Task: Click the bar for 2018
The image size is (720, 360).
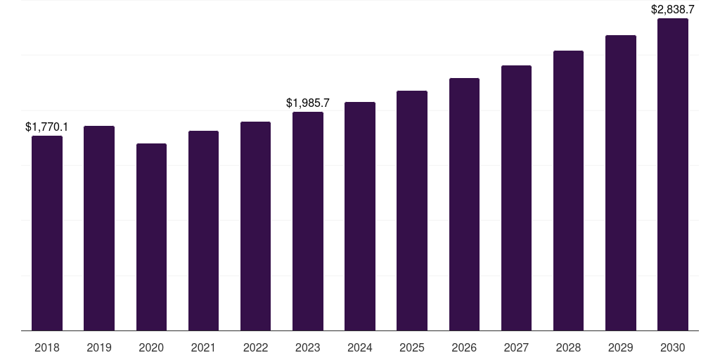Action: tap(47, 233)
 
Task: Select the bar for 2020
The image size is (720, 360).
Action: tap(152, 237)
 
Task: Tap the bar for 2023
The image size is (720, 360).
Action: tap(308, 221)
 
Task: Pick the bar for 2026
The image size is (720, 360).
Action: tap(464, 205)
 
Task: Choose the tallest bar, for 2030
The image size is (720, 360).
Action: tap(673, 174)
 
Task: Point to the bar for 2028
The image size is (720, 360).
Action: tap(568, 191)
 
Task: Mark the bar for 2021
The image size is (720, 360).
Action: tap(203, 231)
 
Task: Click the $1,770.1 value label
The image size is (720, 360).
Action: tap(47, 127)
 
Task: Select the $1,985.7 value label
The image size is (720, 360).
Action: tap(308, 103)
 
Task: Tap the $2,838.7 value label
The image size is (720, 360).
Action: tap(673, 10)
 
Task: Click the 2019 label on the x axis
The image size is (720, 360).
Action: tap(99, 348)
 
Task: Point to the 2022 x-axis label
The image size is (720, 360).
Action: tap(255, 348)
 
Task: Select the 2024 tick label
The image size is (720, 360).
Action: tap(360, 348)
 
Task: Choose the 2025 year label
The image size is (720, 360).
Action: tap(412, 348)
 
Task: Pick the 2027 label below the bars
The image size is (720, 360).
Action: tap(516, 348)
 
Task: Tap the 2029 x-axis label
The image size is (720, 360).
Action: tap(620, 348)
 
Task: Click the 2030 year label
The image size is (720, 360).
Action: tap(673, 348)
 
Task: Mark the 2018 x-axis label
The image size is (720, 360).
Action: tap(47, 348)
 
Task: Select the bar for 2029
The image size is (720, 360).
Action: tap(621, 183)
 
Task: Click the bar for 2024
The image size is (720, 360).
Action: tap(360, 217)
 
